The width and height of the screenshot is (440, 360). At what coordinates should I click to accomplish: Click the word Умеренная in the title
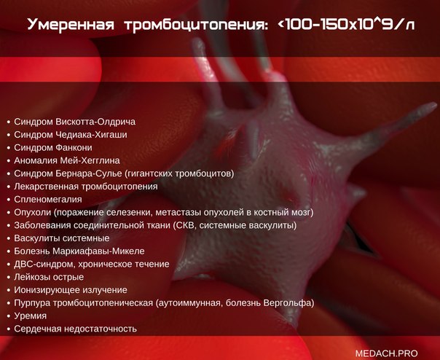pyautogui.click(x=71, y=25)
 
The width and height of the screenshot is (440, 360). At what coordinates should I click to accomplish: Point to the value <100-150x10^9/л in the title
pyautogui.click(x=346, y=24)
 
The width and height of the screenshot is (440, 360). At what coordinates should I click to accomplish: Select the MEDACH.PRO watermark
pyautogui.click(x=386, y=353)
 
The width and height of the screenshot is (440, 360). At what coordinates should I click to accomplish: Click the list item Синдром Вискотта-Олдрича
pyautogui.click(x=74, y=122)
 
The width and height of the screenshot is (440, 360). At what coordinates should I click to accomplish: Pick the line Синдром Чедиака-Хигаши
pyautogui.click(x=71, y=135)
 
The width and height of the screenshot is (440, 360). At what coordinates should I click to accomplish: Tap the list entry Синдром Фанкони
pyautogui.click(x=53, y=147)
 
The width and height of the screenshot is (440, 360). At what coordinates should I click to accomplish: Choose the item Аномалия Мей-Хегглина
pyautogui.click(x=67, y=160)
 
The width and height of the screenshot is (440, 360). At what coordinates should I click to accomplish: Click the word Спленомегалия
pyautogui.click(x=48, y=200)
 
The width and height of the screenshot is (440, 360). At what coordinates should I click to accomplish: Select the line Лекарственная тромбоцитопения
pyautogui.click(x=86, y=187)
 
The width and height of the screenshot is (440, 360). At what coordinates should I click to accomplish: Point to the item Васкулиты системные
pyautogui.click(x=62, y=238)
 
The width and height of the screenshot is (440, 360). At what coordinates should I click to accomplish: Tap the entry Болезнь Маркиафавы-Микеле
pyautogui.click(x=79, y=251)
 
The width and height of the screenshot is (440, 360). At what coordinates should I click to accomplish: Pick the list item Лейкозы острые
pyautogui.click(x=49, y=277)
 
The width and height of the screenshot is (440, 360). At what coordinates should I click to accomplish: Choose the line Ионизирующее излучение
pyautogui.click(x=71, y=290)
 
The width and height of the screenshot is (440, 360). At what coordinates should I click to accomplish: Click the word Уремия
pyautogui.click(x=31, y=316)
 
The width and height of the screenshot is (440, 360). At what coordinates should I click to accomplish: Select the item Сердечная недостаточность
pyautogui.click(x=75, y=329)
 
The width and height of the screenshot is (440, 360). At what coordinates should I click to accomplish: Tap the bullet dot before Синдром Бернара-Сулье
pyautogui.click(x=9, y=174)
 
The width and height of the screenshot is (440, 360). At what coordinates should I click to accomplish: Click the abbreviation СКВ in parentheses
pyautogui.click(x=184, y=225)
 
